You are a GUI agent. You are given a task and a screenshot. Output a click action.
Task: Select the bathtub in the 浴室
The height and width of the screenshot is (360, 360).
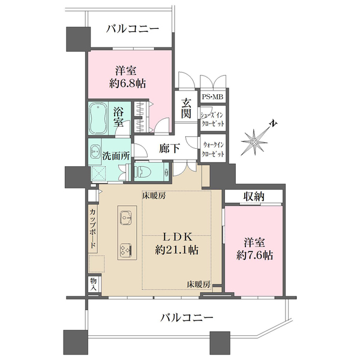click(98, 115)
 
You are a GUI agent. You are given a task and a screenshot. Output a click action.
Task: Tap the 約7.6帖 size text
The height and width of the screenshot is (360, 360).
click(256, 256)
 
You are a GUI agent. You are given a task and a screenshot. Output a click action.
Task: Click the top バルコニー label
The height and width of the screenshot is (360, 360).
click(133, 28)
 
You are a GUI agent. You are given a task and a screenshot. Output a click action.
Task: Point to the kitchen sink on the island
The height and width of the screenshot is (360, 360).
click(125, 216)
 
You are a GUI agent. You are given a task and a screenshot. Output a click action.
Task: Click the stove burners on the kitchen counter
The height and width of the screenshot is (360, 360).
click(126, 248)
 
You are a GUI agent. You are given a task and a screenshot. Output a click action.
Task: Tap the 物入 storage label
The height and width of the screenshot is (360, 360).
click(93, 283)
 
